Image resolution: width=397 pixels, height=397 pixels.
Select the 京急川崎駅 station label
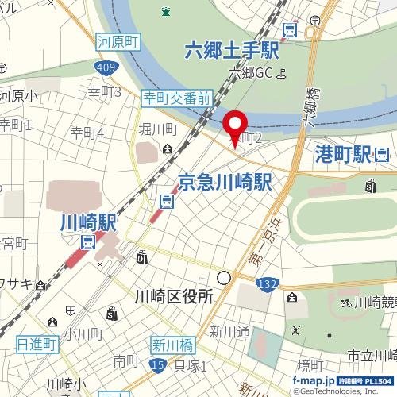[x=225, y=180]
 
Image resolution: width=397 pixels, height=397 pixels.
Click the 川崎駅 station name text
[x=88, y=222]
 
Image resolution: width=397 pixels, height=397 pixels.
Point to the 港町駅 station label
[x=343, y=152]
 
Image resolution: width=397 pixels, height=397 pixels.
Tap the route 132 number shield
[x=267, y=283]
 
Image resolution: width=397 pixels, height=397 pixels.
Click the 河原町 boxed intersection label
[x=118, y=37]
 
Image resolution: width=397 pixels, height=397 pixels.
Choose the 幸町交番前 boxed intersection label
[x=176, y=99]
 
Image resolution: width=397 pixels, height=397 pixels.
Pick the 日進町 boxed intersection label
[x=37, y=344]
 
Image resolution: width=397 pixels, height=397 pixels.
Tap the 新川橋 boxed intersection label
[x=173, y=345]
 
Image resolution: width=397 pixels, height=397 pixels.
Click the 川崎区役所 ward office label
[x=173, y=297]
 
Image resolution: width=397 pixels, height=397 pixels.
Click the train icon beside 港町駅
[x=383, y=152]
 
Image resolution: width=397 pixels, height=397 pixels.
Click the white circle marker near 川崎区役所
[x=225, y=278]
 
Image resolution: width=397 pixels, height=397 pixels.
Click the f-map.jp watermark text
[x=313, y=382]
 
